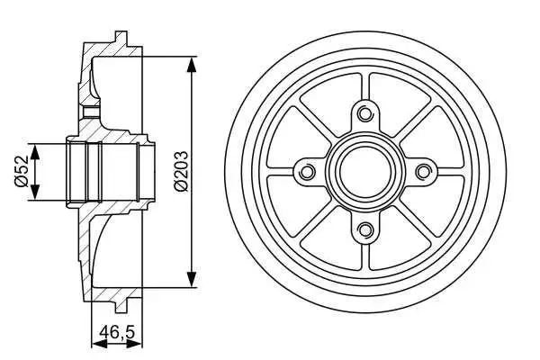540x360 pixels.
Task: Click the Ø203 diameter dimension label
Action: [181, 171]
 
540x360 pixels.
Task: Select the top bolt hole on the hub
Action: [364, 113]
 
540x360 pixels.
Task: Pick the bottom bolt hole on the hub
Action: [364, 229]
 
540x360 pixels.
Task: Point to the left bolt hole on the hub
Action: [306, 171]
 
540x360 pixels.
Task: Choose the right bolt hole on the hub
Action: [421, 171]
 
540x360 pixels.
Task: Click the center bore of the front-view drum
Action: [364, 171]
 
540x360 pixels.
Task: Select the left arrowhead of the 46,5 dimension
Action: [96, 343]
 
